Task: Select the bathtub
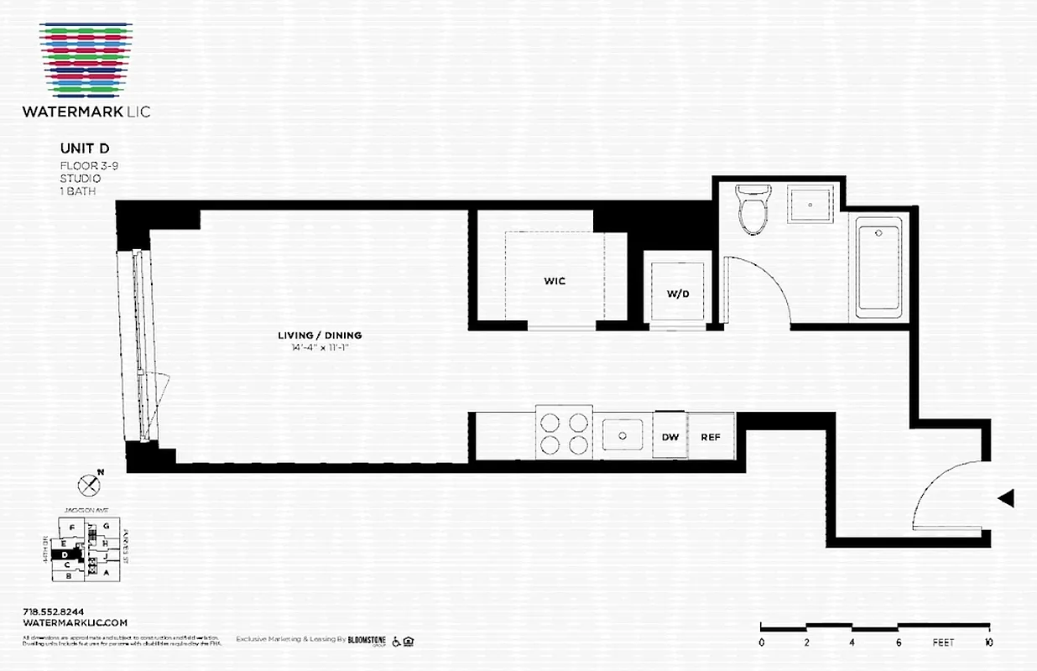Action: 878,268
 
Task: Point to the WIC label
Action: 555,281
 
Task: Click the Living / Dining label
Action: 320,335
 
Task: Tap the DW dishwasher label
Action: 670,437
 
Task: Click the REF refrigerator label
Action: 711,437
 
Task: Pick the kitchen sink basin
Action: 623,436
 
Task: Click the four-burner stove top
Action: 563,433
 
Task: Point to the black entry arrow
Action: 1006,498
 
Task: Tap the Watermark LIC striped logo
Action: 86,59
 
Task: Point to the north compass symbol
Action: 88,484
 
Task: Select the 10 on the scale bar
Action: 989,643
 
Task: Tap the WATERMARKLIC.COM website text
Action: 76,623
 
